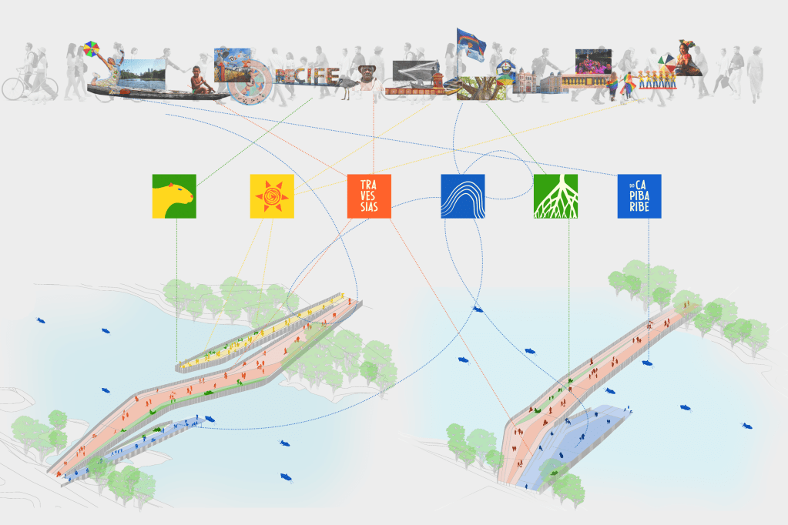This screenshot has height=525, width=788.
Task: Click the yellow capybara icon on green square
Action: tap(173, 196)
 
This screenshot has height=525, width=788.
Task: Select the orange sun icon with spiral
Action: tap(272, 196)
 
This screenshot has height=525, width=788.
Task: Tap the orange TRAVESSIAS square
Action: tap(369, 196)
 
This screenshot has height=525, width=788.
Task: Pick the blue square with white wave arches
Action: tap(462, 196)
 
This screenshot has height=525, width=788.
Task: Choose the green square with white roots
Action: tap(555, 196)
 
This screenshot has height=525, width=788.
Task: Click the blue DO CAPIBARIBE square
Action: tap(639, 196)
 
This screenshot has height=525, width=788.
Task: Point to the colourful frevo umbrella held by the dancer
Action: tap(95, 49)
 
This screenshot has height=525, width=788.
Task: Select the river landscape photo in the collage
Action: tap(144, 73)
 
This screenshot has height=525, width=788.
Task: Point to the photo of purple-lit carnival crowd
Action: tap(593, 62)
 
